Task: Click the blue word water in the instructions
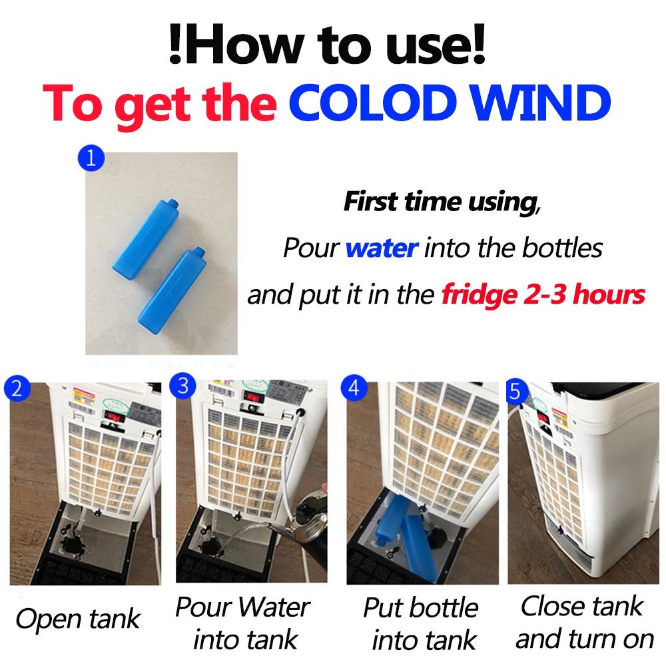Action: [x=382, y=248]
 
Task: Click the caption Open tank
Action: [x=78, y=619]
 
